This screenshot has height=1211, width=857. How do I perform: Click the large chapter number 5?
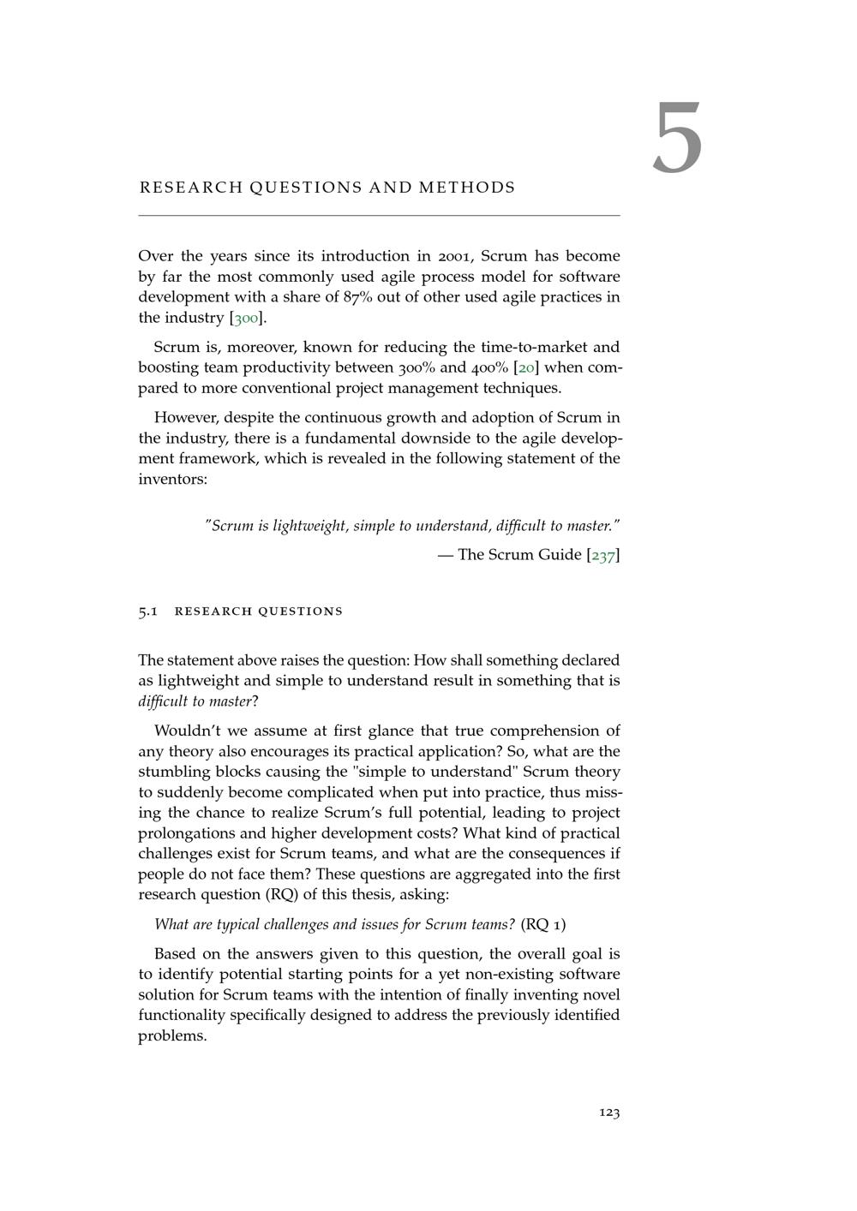[x=677, y=138]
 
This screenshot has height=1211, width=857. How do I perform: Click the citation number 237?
[x=603, y=555]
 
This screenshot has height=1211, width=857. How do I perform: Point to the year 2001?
[x=455, y=256]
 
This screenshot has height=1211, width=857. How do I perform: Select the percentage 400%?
[x=488, y=368]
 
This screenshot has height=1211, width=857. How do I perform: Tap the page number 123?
[x=609, y=1113]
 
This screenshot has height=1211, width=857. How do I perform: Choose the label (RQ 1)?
[x=542, y=924]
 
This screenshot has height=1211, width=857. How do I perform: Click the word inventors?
[x=172, y=479]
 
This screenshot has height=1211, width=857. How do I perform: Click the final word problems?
[x=172, y=1036]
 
